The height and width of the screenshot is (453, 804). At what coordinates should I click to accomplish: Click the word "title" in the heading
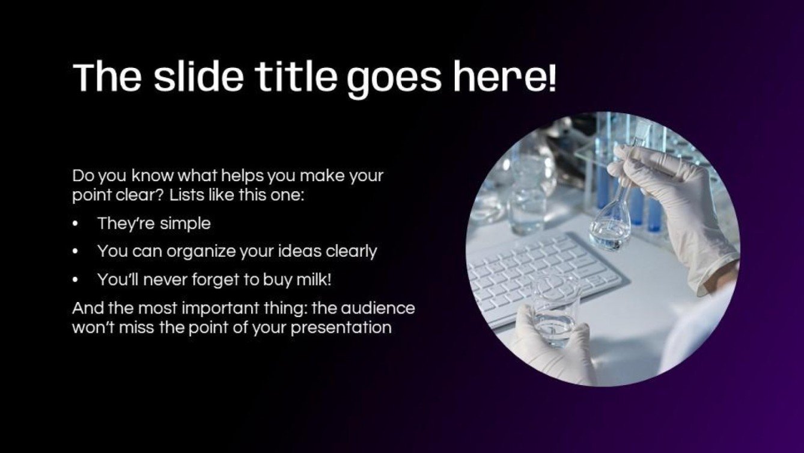click(296, 77)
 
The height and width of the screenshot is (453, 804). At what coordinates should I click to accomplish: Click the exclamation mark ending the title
click(552, 78)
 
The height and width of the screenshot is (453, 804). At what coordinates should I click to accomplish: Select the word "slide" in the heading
click(198, 77)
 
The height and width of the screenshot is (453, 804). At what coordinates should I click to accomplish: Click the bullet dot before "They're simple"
click(75, 224)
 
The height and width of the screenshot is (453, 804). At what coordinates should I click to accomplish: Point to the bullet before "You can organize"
click(75, 251)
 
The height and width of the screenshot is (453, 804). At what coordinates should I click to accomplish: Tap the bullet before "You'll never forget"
click(75, 280)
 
